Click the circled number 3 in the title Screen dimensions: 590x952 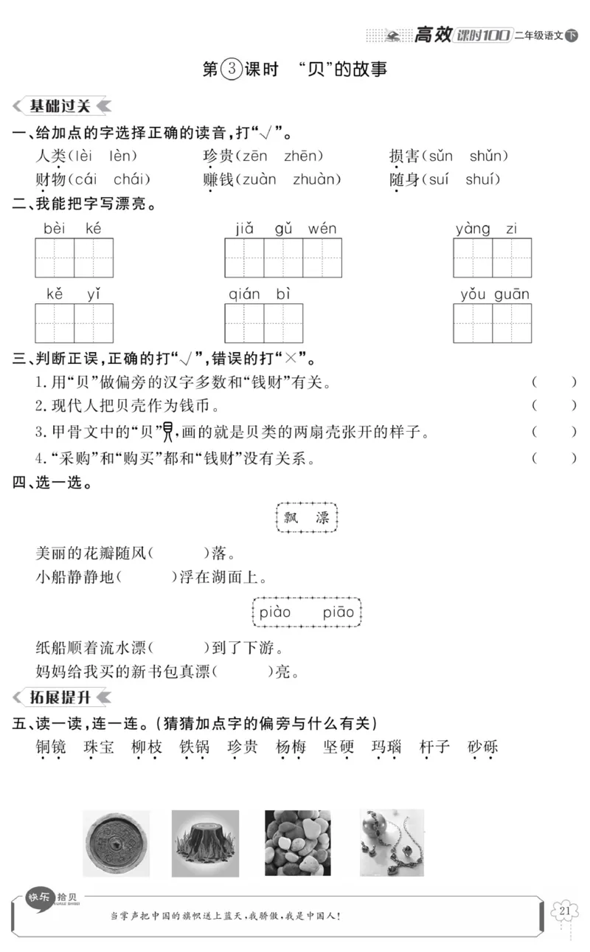click(x=231, y=69)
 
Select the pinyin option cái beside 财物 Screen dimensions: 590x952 click(x=86, y=179)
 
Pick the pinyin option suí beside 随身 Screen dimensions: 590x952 click(x=434, y=179)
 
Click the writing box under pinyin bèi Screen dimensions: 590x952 click(x=55, y=258)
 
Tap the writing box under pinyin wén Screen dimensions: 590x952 click(x=322, y=258)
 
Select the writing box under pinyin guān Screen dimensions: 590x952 click(x=512, y=323)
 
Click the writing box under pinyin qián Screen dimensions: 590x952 click(x=244, y=323)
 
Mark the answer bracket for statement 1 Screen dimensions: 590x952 click(x=553, y=382)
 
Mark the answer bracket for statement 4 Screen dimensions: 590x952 click(x=553, y=458)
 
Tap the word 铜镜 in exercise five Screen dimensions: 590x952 click(x=51, y=747)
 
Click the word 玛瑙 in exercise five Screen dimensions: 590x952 click(x=386, y=747)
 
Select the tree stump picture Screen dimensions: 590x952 click(x=205, y=844)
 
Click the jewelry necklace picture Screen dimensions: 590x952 click(x=392, y=843)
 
